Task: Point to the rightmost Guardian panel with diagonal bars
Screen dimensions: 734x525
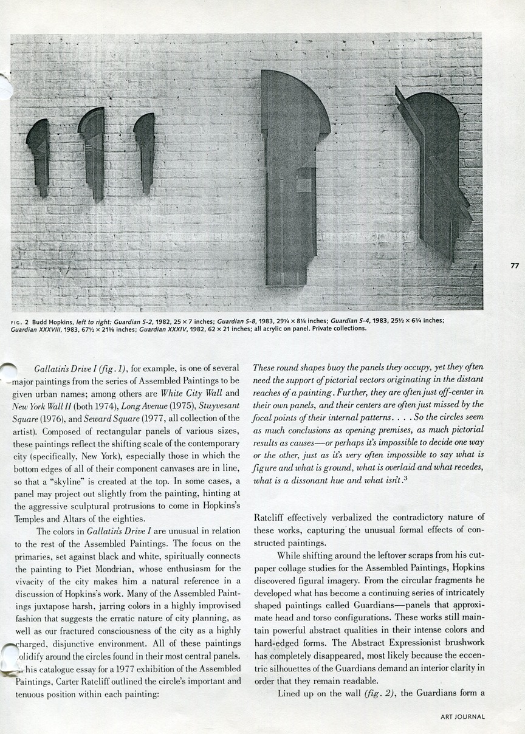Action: (433, 173)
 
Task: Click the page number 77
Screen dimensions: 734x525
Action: (514, 266)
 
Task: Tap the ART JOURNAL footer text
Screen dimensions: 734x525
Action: (462, 717)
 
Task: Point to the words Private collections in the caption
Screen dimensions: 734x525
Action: (337, 329)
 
